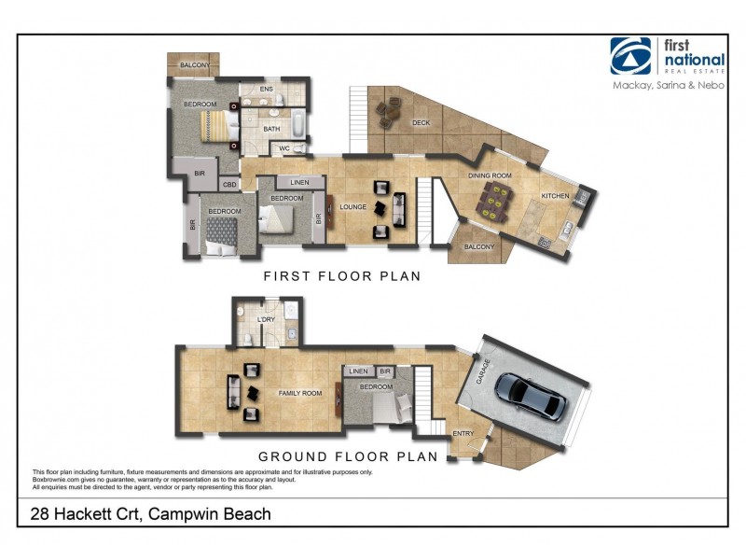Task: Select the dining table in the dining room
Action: tap(493, 199)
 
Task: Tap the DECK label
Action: tap(421, 121)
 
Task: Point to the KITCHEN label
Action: tap(556, 196)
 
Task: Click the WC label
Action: tap(285, 147)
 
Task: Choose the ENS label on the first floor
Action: tap(266, 90)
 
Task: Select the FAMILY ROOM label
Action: tap(300, 394)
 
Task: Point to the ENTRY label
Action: tap(463, 433)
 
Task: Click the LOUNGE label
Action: tap(352, 206)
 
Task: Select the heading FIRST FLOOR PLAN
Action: tap(341, 276)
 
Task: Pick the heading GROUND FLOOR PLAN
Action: tap(348, 457)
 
